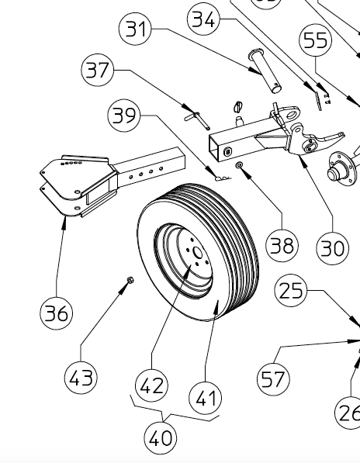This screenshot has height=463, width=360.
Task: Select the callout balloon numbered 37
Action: pyautogui.click(x=98, y=71)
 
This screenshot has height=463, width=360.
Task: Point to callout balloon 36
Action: pyautogui.click(x=57, y=313)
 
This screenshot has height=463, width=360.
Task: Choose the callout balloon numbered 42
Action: pyautogui.click(x=152, y=385)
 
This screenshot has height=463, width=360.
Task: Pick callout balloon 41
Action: pyautogui.click(x=205, y=399)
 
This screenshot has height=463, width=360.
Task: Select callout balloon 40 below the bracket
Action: pyautogui.click(x=161, y=438)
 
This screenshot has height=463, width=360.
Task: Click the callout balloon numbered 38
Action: pyautogui.click(x=281, y=245)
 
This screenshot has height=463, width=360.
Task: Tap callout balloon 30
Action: pyautogui.click(x=333, y=247)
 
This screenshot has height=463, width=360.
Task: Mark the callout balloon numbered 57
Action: pyautogui.click(x=273, y=379)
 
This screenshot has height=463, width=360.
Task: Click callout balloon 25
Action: pyautogui.click(x=292, y=292)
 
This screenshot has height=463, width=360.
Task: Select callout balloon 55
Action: pyautogui.click(x=316, y=40)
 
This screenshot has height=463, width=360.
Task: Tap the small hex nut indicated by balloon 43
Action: pyautogui.click(x=126, y=280)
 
